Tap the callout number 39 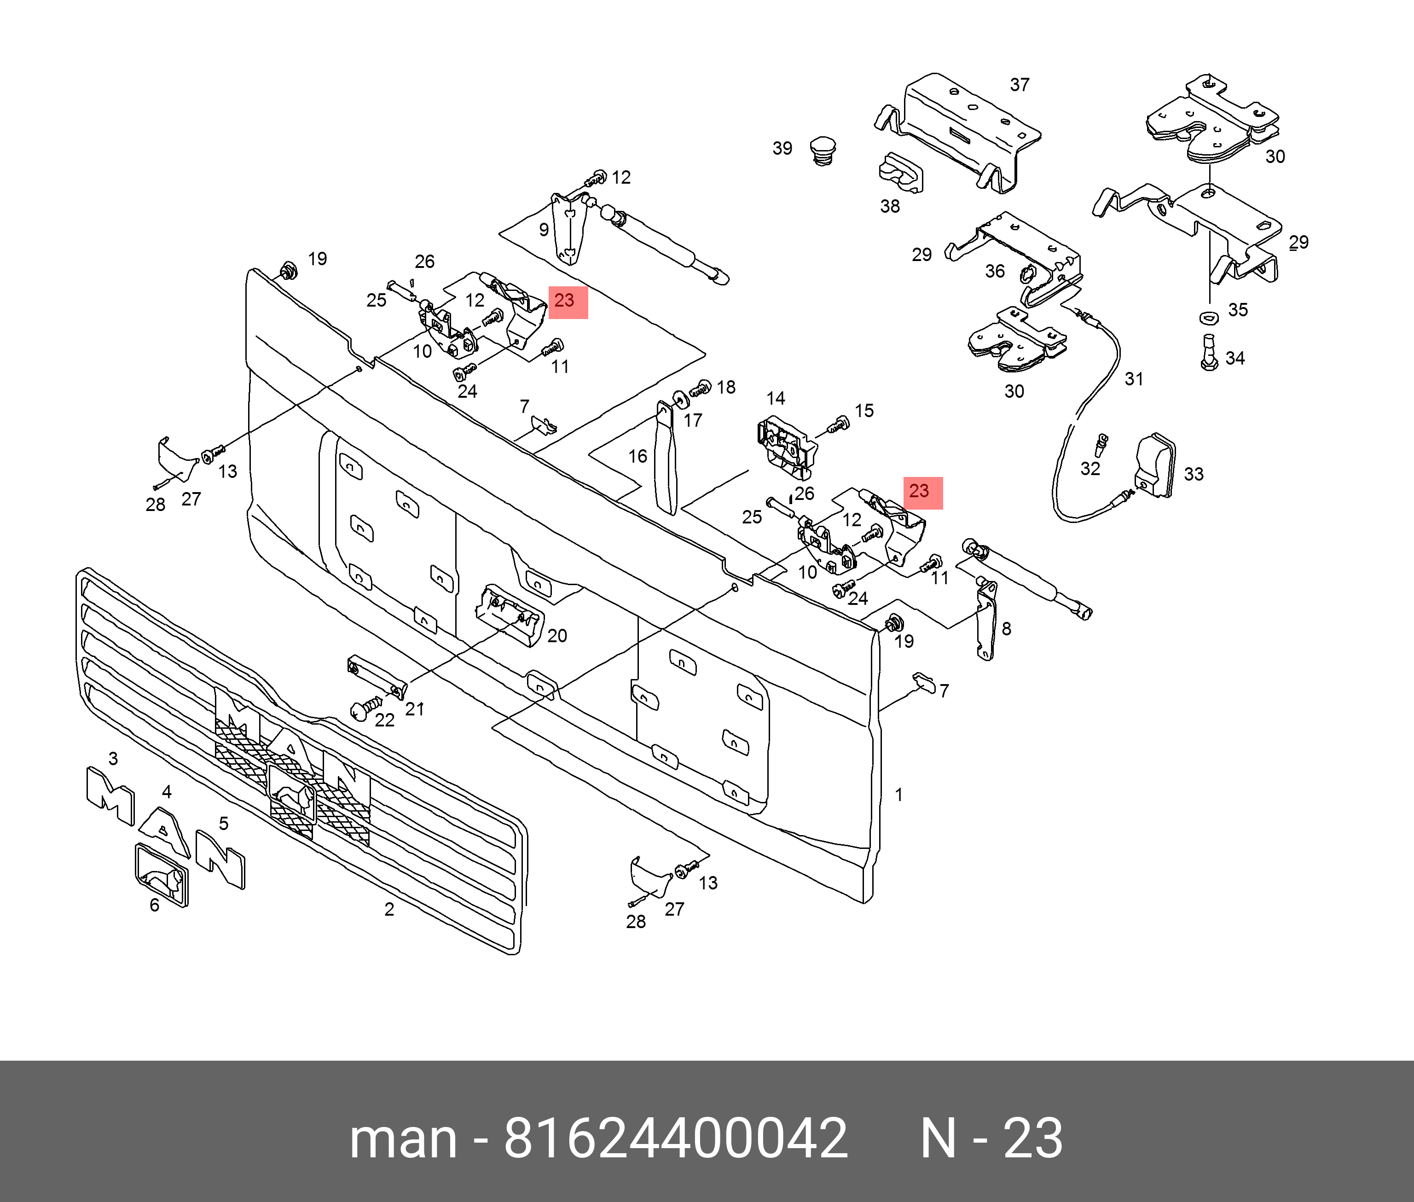click(782, 149)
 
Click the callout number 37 click(1019, 85)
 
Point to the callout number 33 click(1194, 474)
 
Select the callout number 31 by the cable click(1133, 379)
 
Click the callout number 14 click(775, 399)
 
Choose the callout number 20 click(556, 636)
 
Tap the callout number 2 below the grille click(389, 909)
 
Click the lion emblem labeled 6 click(162, 874)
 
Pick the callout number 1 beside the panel click(898, 795)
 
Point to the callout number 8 click(1006, 629)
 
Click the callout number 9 click(544, 230)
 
